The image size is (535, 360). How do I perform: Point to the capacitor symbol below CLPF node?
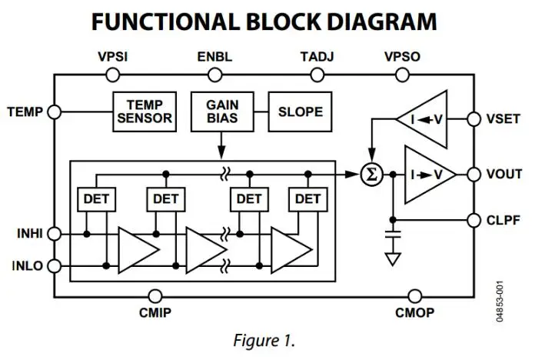tap(393, 234)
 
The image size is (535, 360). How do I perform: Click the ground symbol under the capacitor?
tap(393, 259)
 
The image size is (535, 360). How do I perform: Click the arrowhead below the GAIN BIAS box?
tap(222, 152)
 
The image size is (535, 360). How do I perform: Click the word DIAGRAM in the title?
tap(382, 22)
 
